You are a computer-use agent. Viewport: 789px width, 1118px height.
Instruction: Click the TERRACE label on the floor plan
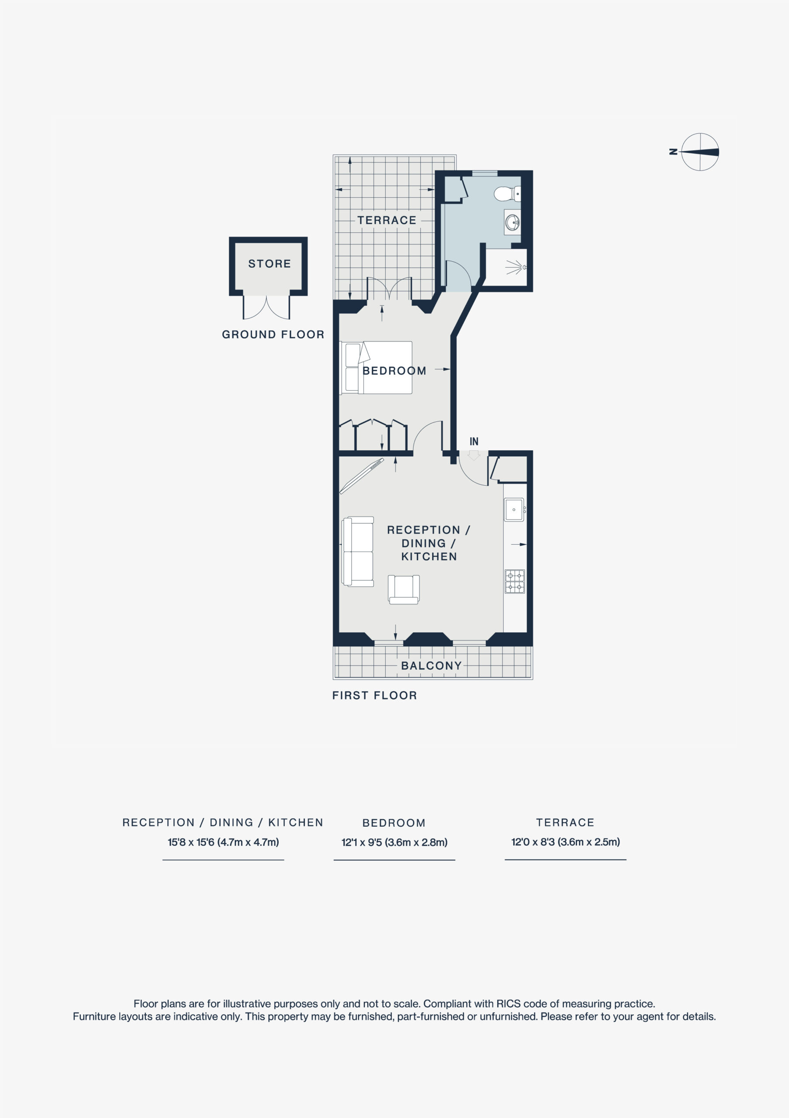tap(387, 221)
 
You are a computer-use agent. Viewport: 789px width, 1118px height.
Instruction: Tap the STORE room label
tap(269, 264)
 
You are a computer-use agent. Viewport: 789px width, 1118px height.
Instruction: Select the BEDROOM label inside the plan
tap(394, 371)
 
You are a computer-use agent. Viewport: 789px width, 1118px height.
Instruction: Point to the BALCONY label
tap(431, 666)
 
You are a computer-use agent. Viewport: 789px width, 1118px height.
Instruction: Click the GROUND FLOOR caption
tap(273, 335)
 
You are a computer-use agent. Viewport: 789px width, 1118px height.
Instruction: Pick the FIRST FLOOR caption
tap(374, 695)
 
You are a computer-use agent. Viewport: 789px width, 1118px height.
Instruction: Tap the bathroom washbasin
tap(512, 223)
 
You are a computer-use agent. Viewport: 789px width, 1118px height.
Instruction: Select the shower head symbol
tap(516, 267)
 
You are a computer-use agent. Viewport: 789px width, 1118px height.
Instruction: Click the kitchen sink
tap(514, 509)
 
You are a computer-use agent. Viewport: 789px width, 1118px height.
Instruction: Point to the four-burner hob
tap(515, 581)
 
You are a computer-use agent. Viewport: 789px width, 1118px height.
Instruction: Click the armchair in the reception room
tap(403, 589)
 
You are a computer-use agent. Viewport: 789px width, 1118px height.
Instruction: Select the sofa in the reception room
tap(357, 551)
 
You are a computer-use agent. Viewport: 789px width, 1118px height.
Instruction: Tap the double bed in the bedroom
tap(378, 368)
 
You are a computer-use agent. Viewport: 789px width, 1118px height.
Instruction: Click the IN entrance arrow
tap(474, 455)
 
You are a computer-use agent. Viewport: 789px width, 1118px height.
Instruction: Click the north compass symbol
tap(699, 152)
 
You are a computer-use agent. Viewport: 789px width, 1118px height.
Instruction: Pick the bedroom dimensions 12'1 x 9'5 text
tap(394, 842)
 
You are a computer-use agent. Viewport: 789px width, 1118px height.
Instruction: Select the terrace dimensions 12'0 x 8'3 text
tap(565, 842)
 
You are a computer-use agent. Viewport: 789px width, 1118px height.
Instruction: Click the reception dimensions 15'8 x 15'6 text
tap(223, 842)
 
